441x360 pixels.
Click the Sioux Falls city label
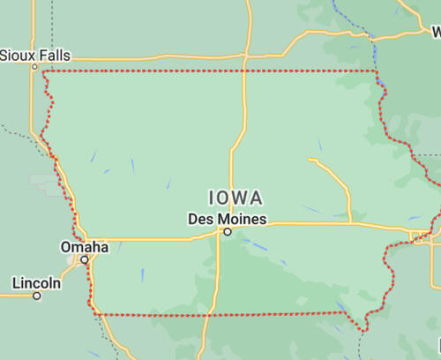[34, 55]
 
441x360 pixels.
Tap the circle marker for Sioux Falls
[35, 66]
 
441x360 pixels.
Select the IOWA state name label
[235, 197]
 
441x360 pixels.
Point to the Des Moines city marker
[227, 232]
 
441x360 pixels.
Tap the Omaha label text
[84, 247]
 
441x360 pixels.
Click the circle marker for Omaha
[85, 260]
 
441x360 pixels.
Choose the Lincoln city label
[36, 283]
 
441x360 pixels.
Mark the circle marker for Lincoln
[37, 296]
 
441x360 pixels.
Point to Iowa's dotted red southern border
[220, 313]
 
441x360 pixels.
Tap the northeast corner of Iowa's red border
[377, 71]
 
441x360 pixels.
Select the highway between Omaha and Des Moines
[150, 238]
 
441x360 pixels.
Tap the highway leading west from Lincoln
[13, 296]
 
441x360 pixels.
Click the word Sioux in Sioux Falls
[17, 55]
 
